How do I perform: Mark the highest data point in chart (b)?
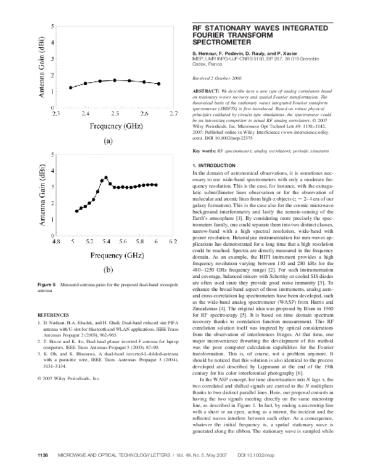[x=105, y=178]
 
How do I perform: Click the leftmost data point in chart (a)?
[x=70, y=87]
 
